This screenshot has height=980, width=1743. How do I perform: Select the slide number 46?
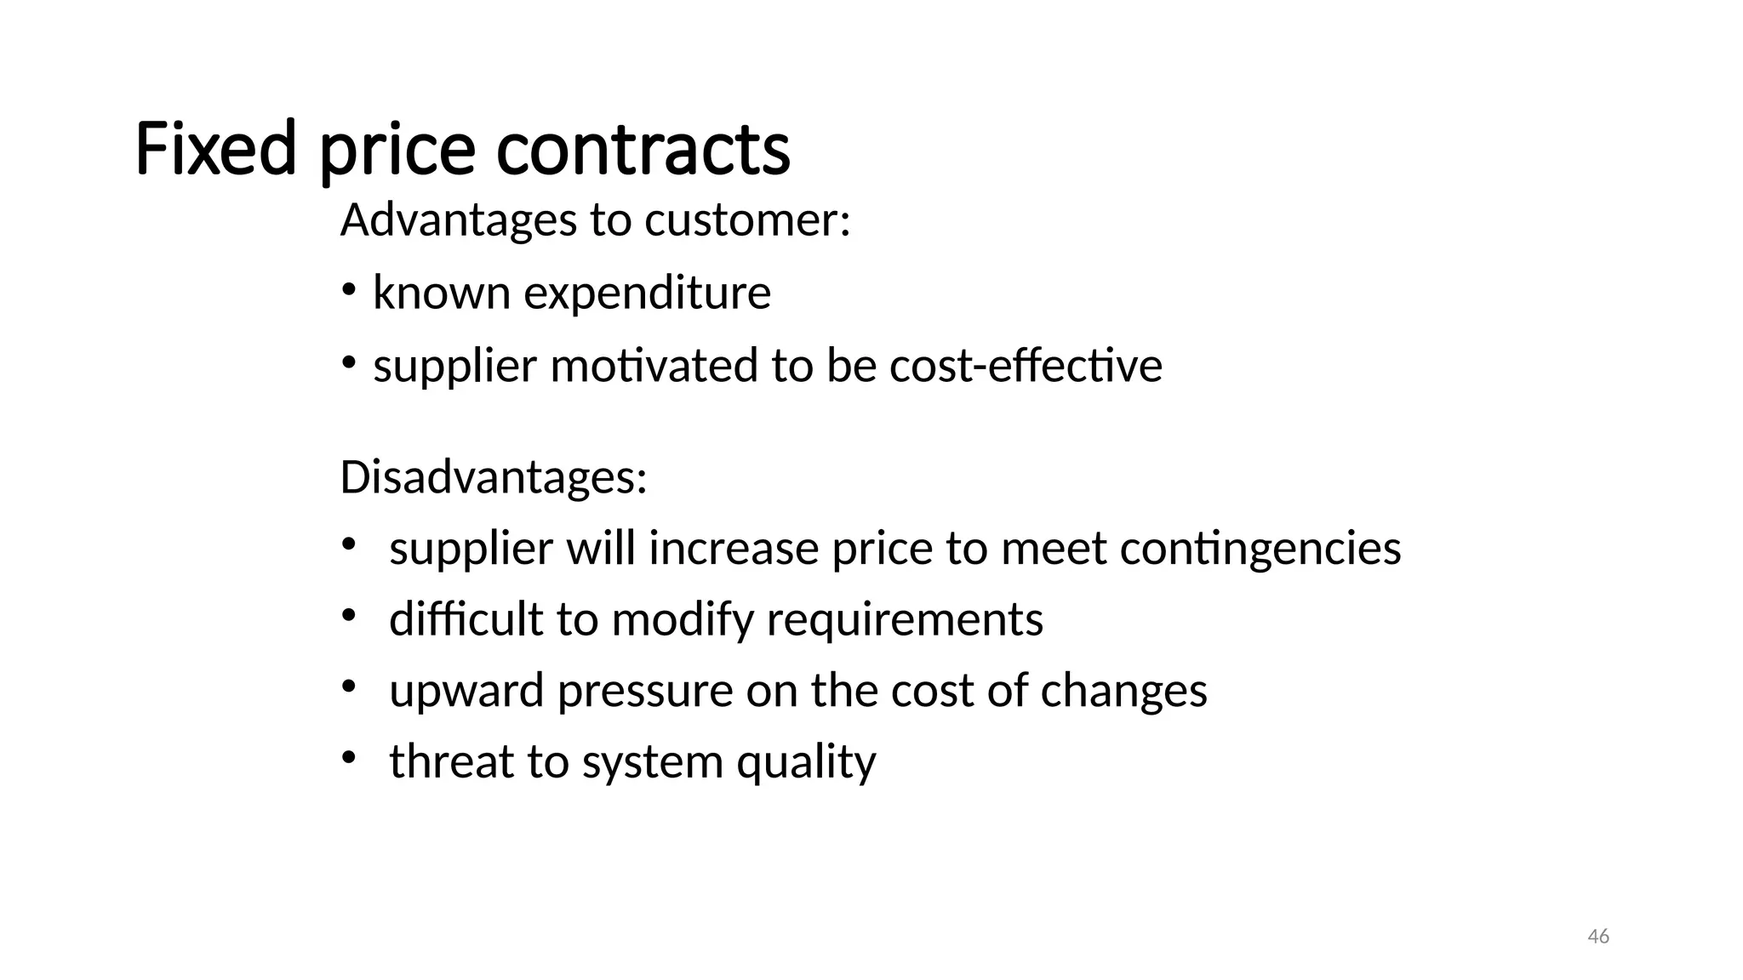pos(1598,937)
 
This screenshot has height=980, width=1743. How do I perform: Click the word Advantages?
pos(459,220)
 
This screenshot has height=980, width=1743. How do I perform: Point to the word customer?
pos(747,220)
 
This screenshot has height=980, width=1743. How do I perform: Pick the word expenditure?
pos(647,293)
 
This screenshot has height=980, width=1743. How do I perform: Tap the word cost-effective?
pos(1026,366)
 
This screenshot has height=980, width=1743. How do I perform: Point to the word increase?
pos(733,549)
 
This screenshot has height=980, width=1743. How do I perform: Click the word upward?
pos(466,690)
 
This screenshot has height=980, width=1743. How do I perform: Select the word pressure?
pos(644,690)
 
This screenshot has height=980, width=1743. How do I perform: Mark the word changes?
pos(1123,690)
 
